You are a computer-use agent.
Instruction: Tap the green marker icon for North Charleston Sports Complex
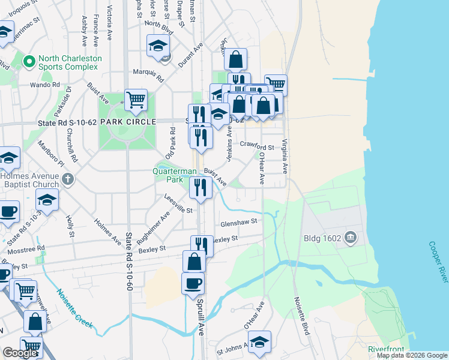pyautogui.click(x=28, y=62)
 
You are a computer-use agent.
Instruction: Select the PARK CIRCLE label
pyautogui.click(x=124, y=121)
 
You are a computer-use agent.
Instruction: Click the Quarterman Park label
pyautogui.click(x=174, y=175)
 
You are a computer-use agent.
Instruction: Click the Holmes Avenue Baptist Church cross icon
pyautogui.click(x=68, y=179)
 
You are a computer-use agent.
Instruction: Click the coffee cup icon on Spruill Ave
pyautogui.click(x=193, y=283)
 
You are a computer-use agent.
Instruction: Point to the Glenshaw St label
pyautogui.click(x=238, y=221)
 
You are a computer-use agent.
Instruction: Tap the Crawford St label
pyautogui.click(x=256, y=146)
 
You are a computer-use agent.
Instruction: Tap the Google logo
pyautogui.click(x=20, y=353)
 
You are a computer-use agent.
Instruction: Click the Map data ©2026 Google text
pyautogui.click(x=412, y=355)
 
